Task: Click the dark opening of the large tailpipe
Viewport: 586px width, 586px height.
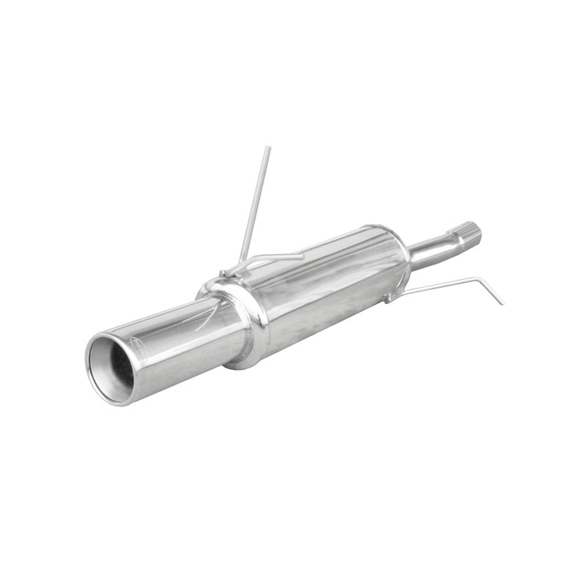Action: [x=117, y=368]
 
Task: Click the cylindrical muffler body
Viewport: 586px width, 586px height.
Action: [x=322, y=286]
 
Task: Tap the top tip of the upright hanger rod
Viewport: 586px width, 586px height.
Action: [x=268, y=148]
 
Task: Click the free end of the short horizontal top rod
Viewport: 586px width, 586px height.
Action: [x=301, y=256]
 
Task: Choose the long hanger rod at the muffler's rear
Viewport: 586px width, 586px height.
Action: [x=439, y=286]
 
